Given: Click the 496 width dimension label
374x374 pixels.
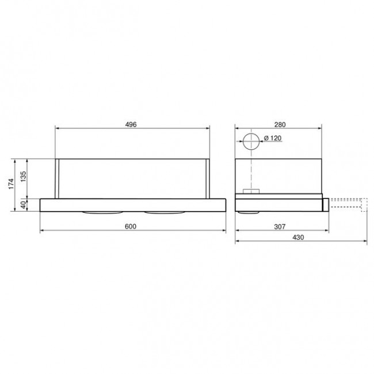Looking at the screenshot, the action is click(131, 124).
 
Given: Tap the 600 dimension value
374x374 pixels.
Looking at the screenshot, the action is click(131, 226).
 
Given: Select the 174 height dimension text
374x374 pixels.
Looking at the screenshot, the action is click(11, 184).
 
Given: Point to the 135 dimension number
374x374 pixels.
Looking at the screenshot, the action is click(24, 177).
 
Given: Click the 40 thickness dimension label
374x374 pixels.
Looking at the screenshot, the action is click(24, 205).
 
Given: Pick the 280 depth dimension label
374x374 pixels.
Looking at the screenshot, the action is click(280, 124).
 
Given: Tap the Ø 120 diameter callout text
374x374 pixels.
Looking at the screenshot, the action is click(273, 138).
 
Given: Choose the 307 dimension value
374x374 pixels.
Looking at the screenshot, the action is click(280, 226).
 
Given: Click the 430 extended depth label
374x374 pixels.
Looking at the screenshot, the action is click(298, 237).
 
